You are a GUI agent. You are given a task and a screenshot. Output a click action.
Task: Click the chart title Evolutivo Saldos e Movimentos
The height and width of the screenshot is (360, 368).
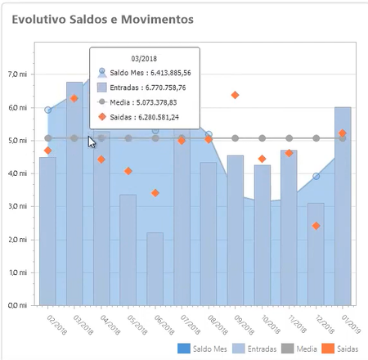tap(103, 20)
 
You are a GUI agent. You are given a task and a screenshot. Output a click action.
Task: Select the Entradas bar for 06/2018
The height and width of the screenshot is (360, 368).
tap(155, 269)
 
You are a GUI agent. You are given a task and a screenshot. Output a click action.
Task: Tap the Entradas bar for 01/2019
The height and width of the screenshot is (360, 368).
tap(343, 206)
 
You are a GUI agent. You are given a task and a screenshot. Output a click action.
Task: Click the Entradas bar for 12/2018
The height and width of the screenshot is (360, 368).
tap(316, 254)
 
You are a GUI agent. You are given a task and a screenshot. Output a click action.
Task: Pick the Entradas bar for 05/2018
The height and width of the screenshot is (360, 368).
tap(128, 250)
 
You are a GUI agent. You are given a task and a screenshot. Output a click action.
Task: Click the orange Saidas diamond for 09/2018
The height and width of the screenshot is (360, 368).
tap(235, 95)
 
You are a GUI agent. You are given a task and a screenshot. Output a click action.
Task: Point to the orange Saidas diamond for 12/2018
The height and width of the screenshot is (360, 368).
tap(316, 226)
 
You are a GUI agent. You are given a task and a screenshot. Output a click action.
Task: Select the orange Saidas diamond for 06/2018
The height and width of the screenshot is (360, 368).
tap(155, 193)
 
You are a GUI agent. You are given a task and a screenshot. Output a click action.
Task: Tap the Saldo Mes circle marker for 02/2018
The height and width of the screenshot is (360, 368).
tap(47, 110)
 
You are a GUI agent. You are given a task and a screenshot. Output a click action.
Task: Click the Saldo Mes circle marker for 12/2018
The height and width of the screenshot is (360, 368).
tap(316, 176)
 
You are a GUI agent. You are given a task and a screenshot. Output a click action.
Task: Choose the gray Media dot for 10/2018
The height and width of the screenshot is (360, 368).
tap(262, 138)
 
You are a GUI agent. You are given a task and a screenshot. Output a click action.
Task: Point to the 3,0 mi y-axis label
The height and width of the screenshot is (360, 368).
tap(18, 206)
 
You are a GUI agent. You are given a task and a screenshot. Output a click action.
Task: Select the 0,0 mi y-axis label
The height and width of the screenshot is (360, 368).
tap(18, 305)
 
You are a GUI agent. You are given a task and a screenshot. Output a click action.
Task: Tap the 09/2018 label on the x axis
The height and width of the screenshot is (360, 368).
tap(244, 325)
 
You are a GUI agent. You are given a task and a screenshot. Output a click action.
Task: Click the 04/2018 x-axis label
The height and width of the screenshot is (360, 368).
tap(110, 325)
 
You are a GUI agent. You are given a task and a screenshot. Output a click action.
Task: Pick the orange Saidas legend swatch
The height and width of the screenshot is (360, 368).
tap(328, 349)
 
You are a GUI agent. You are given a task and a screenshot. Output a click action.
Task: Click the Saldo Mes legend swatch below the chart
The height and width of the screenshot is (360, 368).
tap(184, 349)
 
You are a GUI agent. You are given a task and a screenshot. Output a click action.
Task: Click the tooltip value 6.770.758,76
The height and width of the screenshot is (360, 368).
tap(165, 88)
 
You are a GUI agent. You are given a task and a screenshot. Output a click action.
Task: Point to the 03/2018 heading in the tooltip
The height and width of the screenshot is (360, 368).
tap(144, 59)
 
